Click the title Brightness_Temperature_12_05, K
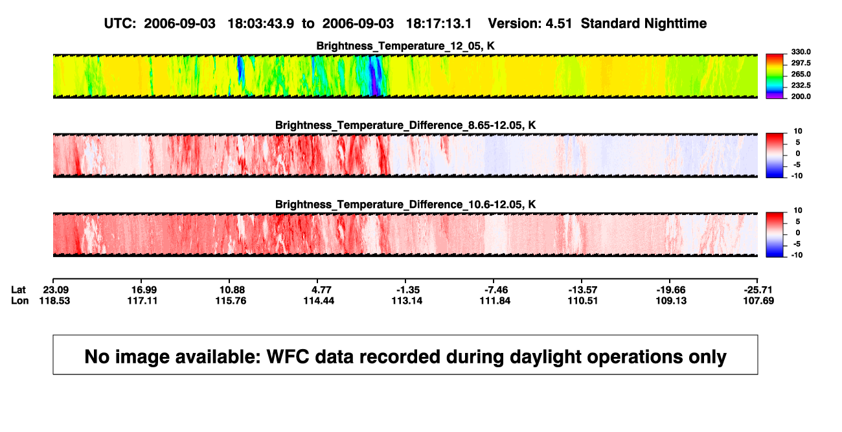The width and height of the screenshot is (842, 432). [405, 46]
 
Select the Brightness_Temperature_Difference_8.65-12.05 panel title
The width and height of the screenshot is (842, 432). [405, 125]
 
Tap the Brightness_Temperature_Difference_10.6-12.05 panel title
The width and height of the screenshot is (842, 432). [405, 205]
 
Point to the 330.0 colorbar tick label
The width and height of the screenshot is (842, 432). [801, 52]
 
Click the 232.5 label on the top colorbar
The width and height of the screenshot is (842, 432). [801, 85]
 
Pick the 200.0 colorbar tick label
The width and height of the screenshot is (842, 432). [801, 97]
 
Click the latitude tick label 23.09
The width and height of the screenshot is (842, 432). [56, 290]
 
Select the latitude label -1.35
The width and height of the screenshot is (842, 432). [408, 290]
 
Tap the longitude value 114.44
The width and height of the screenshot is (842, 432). [319, 301]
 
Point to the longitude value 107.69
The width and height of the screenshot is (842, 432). [758, 301]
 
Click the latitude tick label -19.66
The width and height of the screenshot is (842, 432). [671, 290]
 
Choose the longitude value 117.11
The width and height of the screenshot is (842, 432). [142, 301]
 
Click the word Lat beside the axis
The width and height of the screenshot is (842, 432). [18, 290]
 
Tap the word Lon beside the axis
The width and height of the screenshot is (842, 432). [20, 301]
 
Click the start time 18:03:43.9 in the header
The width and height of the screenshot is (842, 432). [261, 24]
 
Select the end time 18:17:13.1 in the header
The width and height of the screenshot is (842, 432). [438, 24]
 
